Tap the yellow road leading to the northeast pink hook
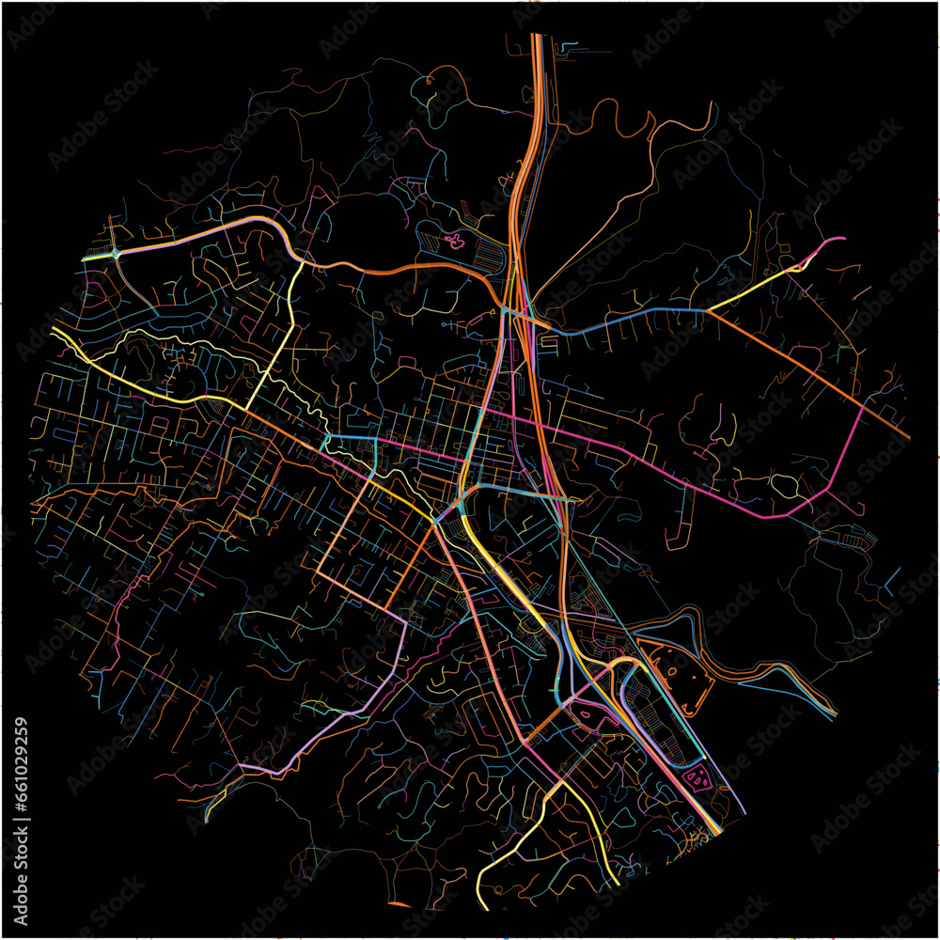[x=752, y=286]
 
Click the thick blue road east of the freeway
[x=630, y=315]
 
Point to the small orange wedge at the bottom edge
[x=399, y=904]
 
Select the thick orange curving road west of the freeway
[x=395, y=269]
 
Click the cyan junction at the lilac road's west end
[x=115, y=253]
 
